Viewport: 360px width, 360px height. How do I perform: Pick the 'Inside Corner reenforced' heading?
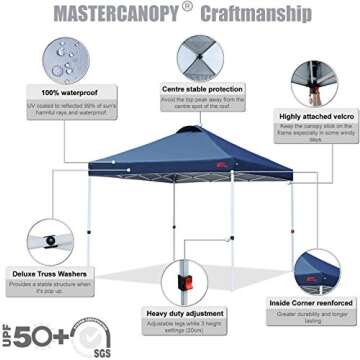tap(309, 303)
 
